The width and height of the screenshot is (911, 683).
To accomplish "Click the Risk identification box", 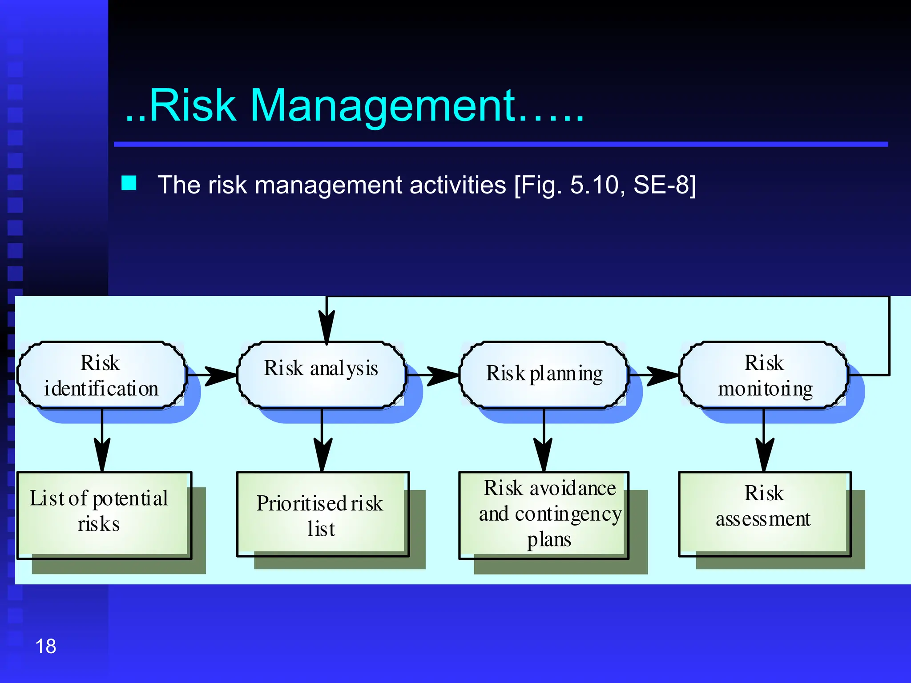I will [x=101, y=375].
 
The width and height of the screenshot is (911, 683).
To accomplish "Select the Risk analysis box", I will [x=322, y=375].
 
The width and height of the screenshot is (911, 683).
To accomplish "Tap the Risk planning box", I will [x=544, y=375].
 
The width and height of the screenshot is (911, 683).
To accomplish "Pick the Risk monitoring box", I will [x=764, y=375].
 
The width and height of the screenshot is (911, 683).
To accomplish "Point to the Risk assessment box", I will [x=764, y=514].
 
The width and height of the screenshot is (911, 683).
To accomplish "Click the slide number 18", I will [x=46, y=646].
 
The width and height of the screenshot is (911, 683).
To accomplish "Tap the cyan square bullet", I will [x=129, y=183].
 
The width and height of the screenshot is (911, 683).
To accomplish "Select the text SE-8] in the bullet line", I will [x=664, y=185].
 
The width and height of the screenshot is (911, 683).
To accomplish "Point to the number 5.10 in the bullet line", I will [x=595, y=185].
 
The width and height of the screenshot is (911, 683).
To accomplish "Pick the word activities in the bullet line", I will [x=458, y=185].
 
